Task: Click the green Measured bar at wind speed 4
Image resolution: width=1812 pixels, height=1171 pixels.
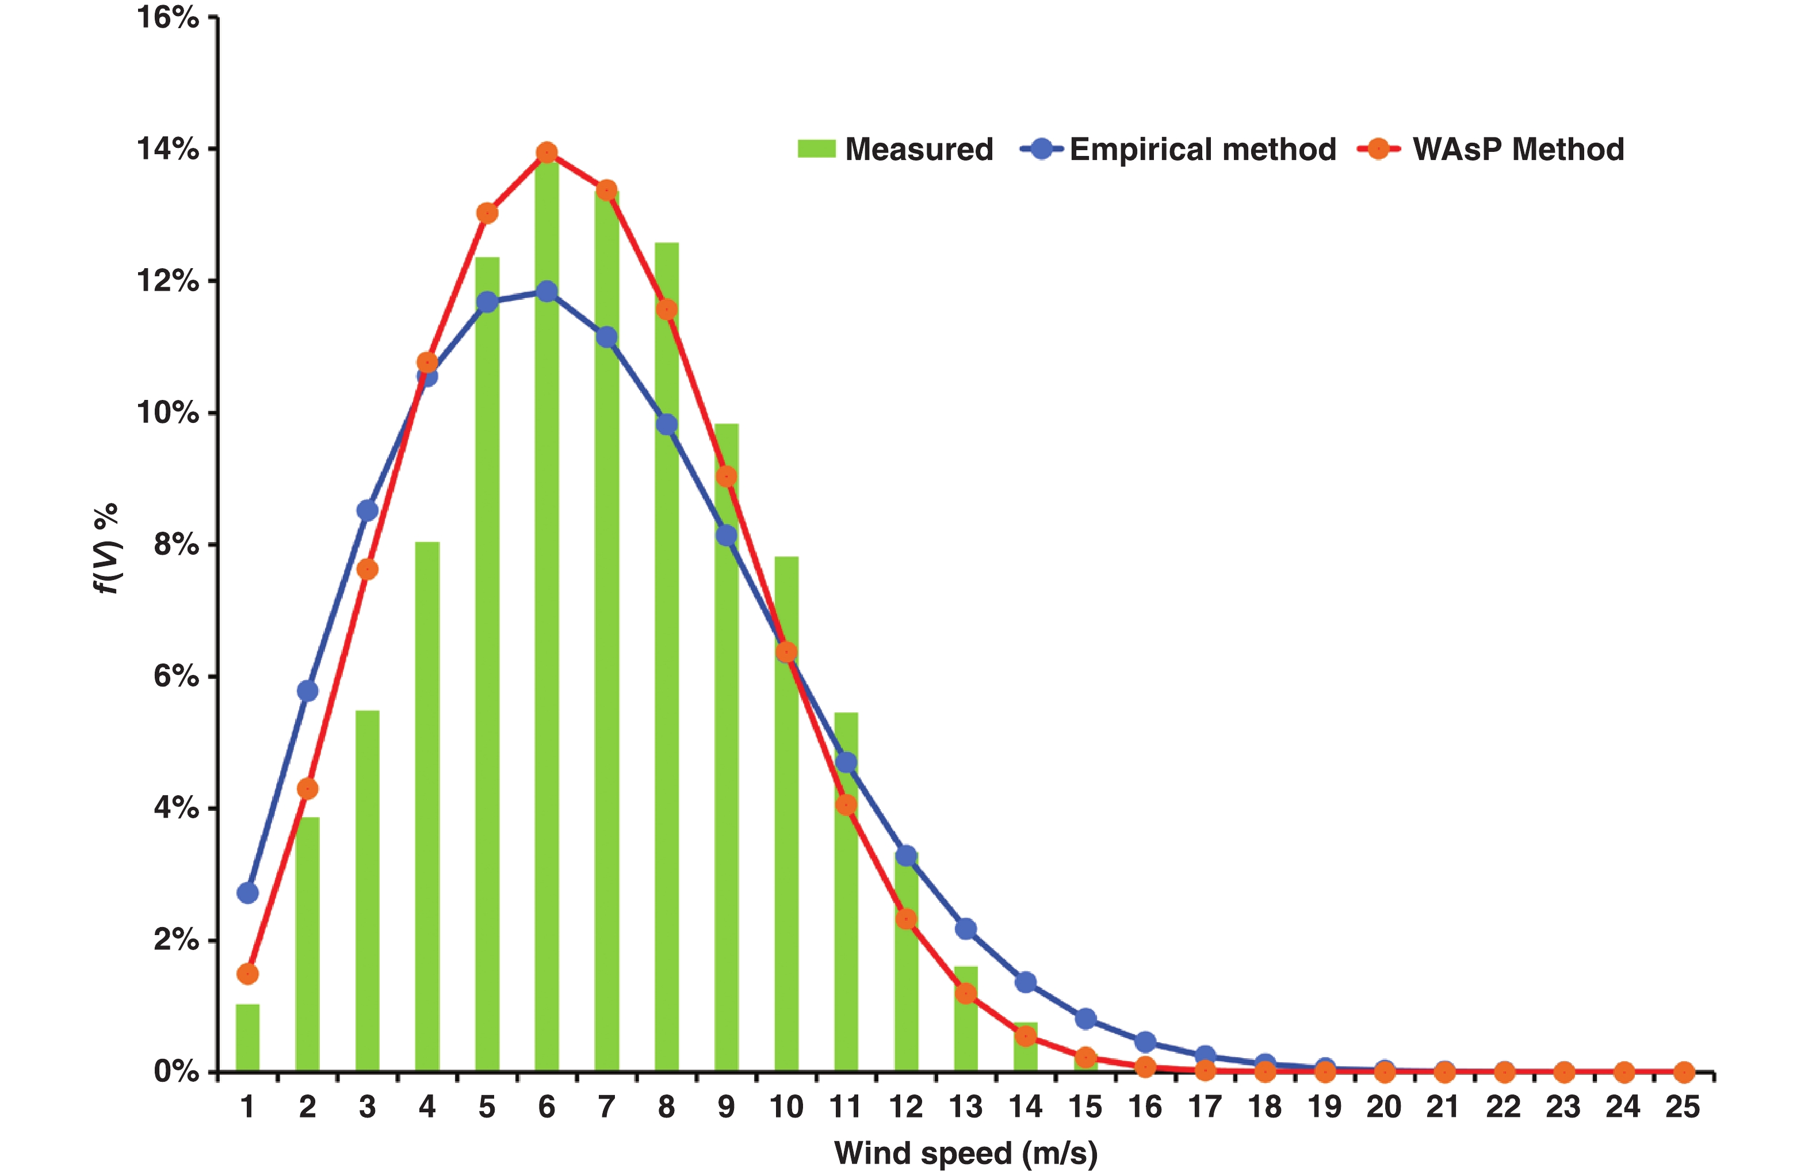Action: point(427,806)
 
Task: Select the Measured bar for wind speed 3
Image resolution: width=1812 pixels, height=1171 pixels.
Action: point(367,890)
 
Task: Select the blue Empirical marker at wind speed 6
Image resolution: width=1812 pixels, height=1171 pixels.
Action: point(546,291)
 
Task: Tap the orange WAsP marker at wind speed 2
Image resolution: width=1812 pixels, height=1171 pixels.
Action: point(308,788)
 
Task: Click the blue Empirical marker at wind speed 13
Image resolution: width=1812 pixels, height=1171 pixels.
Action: point(966,928)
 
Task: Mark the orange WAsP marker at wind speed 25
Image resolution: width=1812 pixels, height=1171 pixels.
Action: point(1684,1071)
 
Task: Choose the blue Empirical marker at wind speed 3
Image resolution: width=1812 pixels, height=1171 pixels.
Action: point(367,510)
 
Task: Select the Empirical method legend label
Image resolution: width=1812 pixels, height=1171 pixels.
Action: point(1202,149)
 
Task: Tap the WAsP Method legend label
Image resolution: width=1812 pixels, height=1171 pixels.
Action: point(1518,149)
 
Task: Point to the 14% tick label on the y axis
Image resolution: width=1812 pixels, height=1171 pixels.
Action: point(168,149)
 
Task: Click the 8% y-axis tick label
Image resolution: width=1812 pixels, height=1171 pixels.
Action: point(177,544)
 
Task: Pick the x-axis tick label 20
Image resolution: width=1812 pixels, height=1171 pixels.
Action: point(1384,1107)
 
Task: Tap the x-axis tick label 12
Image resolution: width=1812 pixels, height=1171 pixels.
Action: point(905,1107)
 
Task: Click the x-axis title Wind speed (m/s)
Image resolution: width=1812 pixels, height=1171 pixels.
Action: point(965,1153)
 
